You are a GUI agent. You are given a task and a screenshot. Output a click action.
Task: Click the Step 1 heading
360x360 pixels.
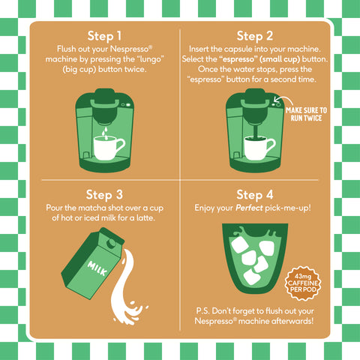104,37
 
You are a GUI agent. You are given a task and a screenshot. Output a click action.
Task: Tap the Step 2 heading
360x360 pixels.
255,37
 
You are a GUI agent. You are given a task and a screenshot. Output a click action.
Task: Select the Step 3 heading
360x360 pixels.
104,195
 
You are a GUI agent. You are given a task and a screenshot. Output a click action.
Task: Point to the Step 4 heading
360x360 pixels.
255,195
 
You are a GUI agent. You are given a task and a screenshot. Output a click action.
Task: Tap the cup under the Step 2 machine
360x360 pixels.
259,148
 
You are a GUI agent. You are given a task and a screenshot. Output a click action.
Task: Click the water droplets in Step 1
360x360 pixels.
106,133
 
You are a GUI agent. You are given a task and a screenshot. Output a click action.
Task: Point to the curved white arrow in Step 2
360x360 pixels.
283,100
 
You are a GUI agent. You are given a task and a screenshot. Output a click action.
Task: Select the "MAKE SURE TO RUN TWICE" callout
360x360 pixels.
306,114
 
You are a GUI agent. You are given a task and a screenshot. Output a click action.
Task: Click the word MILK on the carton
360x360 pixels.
97,268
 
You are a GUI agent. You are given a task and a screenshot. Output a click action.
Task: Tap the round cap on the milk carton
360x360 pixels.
111,243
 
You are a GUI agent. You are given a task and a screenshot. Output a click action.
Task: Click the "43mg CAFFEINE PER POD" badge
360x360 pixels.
303,283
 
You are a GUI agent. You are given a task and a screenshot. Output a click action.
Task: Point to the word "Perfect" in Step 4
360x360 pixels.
249,208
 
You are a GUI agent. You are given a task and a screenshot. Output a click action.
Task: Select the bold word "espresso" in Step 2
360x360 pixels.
238,59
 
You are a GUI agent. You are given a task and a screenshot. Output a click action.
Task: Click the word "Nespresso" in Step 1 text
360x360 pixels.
131,49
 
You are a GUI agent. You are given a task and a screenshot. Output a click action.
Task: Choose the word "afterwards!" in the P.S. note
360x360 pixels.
292,321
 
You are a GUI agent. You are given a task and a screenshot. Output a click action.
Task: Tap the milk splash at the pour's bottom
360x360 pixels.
130,313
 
